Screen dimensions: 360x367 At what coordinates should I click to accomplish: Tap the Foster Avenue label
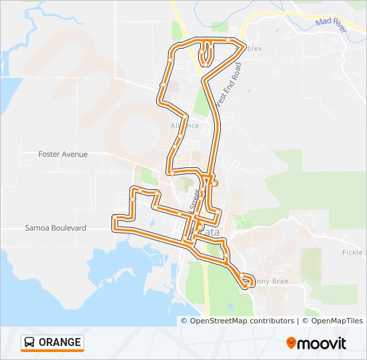(x=63, y=154)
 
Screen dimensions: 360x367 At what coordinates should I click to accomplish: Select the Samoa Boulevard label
(x=55, y=228)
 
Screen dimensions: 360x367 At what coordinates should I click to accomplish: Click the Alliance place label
(x=185, y=125)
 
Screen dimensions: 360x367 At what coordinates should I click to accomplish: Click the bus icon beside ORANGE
(x=30, y=343)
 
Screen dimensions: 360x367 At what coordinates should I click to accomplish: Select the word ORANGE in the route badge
(x=60, y=343)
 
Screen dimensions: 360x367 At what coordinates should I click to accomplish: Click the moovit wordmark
(x=323, y=343)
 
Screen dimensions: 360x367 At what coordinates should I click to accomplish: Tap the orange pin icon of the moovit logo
(x=291, y=343)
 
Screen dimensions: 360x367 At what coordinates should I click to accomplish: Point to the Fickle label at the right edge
(x=354, y=253)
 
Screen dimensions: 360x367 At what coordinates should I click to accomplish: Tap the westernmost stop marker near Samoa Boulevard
(x=115, y=217)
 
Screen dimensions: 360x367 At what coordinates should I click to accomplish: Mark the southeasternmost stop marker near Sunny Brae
(x=247, y=285)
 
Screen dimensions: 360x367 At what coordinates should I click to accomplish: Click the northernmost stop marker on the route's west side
(x=171, y=59)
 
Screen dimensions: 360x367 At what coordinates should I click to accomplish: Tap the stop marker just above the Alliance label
(x=180, y=117)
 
